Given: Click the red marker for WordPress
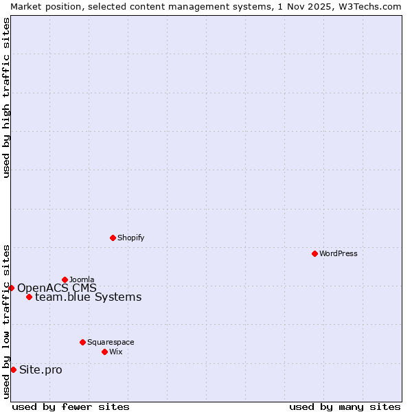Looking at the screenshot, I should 314,253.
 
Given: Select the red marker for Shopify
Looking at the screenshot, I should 113,238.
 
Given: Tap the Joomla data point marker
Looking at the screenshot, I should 65,279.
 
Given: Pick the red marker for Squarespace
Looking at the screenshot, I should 82,342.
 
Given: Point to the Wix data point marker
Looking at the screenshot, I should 104,352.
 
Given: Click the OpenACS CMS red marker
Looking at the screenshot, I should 11,288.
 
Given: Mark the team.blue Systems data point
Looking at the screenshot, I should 29,297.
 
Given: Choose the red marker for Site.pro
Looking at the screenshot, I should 13,369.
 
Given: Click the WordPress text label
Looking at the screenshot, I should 339,253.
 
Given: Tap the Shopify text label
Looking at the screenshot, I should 130,238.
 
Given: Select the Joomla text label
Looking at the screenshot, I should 82,279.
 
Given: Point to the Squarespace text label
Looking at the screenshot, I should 111,342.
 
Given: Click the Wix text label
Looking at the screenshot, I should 115,352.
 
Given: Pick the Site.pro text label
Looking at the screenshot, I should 41,370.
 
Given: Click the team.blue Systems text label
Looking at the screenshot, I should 88,297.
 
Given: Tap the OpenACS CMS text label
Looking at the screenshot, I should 57,288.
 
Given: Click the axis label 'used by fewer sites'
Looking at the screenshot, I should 71,407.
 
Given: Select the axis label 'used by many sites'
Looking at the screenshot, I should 345,407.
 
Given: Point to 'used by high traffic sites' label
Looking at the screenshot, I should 6,98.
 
